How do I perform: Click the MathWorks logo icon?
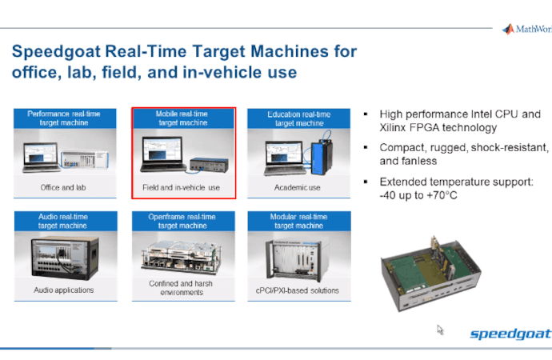508,30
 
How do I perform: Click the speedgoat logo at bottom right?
510,334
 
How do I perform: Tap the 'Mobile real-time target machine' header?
183,119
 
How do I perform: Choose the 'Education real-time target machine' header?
298,119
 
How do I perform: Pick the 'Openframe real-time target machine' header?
182,222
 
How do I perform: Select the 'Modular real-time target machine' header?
298,222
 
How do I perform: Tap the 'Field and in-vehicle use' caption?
183,189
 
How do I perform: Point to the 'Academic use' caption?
298,189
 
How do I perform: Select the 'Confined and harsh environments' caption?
182,288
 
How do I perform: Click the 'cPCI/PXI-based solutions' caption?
298,290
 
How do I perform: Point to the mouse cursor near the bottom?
440,329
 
